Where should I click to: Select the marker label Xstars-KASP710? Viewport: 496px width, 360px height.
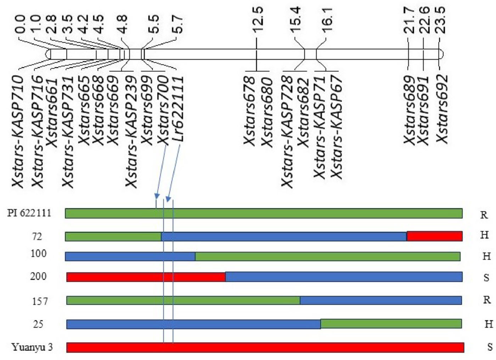click(18, 131)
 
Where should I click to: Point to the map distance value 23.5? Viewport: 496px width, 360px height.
click(441, 20)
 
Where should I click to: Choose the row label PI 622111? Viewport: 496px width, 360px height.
click(29, 213)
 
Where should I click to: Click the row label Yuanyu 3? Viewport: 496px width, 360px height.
click(32, 347)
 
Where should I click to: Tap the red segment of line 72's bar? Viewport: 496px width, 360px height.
click(434, 236)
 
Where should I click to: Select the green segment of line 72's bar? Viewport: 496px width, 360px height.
click(113, 236)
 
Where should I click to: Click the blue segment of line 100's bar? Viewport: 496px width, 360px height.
click(130, 256)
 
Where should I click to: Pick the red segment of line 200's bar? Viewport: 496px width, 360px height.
click(146, 277)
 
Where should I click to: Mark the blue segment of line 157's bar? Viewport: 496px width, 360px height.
click(381, 300)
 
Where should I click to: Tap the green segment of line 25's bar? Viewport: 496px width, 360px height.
click(391, 324)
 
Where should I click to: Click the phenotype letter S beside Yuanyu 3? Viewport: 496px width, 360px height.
click(489, 347)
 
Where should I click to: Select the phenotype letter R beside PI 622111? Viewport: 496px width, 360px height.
click(484, 215)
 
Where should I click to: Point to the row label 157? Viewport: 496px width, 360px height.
click(40, 301)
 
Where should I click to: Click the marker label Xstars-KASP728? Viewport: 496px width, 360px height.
click(287, 131)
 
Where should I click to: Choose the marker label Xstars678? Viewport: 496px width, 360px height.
click(250, 111)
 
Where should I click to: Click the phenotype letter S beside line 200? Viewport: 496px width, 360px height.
click(486, 278)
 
